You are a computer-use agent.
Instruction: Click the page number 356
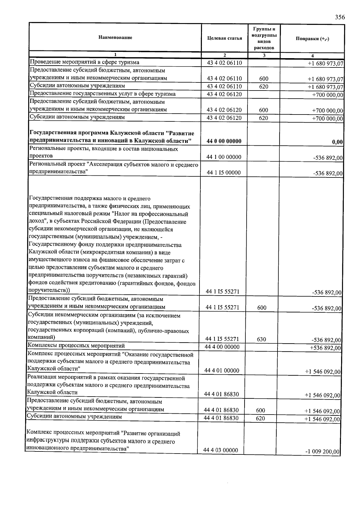340,17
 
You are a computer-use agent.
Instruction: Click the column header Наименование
115,38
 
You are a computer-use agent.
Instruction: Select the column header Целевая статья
224,38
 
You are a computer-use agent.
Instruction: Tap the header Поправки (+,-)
312,39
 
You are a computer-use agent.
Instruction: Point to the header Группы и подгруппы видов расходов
264,38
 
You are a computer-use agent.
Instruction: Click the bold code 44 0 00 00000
224,141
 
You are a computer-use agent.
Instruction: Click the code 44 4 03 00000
220,450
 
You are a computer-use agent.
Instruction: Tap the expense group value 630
261,339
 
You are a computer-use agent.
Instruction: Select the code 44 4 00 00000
222,347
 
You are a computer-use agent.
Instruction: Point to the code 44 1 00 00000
224,157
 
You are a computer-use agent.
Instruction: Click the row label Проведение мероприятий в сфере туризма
85,62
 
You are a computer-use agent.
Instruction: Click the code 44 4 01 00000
222,371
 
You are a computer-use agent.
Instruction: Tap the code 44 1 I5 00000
223,173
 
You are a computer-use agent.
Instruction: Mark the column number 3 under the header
264,55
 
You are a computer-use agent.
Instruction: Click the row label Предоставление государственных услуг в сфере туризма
103,94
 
